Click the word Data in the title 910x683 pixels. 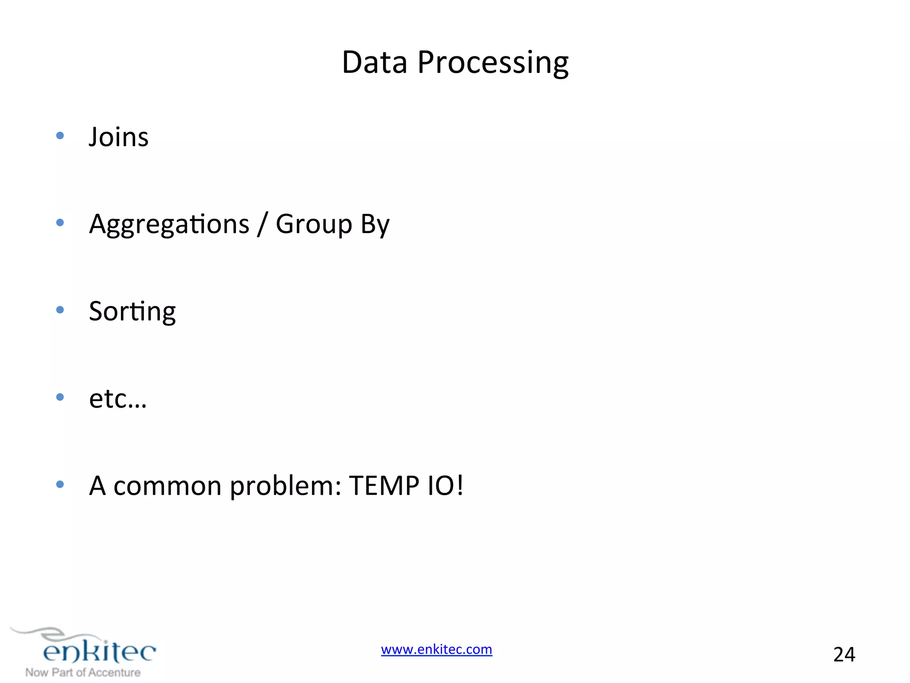coord(374,62)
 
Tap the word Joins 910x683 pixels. coord(118,137)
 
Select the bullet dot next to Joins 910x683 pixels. coord(60,136)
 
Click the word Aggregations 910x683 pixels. coord(169,224)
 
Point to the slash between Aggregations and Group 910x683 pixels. coord(263,224)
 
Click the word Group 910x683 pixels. coord(314,224)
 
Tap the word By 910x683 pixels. coord(375,224)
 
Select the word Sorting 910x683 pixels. coord(132,311)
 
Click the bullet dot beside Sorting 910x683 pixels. coord(60,310)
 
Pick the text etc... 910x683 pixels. coord(117,398)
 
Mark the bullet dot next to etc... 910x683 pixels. coord(60,397)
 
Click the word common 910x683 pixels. coord(168,486)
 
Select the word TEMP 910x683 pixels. coord(384,486)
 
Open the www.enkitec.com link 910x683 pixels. coord(436,649)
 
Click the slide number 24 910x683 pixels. coord(844,655)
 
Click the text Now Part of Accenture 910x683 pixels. coord(83,672)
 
